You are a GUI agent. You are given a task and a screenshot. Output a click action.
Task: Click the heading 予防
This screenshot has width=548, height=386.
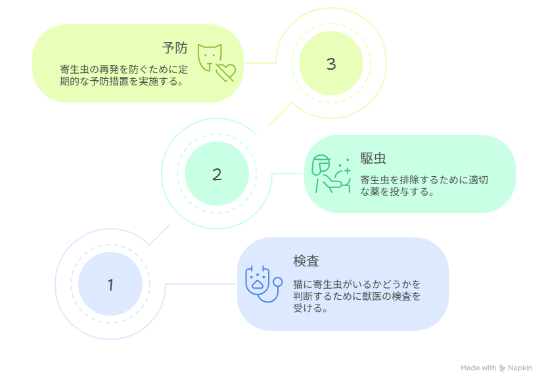tap(175, 48)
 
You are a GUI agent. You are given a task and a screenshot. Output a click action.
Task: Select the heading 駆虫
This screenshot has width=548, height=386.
tap(373, 158)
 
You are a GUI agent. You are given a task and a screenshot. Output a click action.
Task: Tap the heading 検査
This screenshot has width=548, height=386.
tap(306, 261)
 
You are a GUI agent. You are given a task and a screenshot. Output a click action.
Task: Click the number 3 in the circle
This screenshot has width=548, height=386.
tap(331, 64)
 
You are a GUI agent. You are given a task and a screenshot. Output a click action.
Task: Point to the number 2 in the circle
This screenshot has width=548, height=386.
tap(217, 174)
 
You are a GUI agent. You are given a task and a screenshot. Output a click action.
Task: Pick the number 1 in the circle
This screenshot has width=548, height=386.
tap(110, 285)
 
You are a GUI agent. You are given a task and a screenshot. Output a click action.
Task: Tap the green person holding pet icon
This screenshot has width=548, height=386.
tap(331, 174)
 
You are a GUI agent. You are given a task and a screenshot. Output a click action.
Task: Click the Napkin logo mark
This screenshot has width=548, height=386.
tap(502, 368)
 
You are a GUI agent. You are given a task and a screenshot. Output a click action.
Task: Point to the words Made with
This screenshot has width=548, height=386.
tap(478, 368)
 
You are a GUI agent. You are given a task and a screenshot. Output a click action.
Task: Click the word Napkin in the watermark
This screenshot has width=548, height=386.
tap(520, 368)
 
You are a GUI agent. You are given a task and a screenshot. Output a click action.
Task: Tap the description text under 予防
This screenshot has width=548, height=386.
tap(124, 75)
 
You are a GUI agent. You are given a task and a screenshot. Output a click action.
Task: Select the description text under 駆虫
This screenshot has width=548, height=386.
tap(424, 185)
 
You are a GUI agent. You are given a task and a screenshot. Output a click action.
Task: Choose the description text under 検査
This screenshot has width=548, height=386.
tap(357, 296)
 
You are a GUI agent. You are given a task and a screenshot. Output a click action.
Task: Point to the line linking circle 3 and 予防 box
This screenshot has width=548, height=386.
tap(260, 63)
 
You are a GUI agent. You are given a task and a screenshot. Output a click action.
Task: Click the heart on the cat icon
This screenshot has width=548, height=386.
tap(226, 72)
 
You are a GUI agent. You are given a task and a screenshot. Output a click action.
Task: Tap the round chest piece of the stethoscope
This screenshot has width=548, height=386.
tap(278, 282)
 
